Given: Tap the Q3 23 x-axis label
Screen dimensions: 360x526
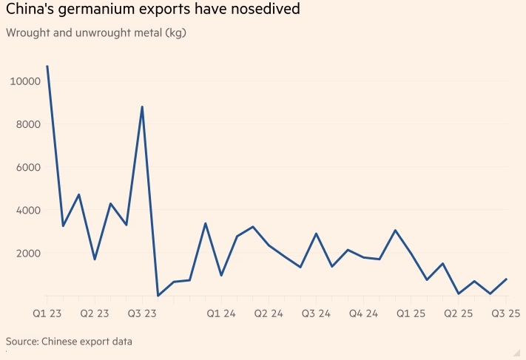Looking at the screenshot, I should pyautogui.click(x=141, y=313).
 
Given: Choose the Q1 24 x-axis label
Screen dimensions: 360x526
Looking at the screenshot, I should pyautogui.click(x=220, y=313).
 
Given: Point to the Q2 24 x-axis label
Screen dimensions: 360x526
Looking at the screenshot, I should pyautogui.click(x=269, y=313).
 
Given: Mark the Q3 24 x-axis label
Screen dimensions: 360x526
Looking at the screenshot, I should pyautogui.click(x=316, y=313).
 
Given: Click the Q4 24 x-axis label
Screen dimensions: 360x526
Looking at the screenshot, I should pyautogui.click(x=363, y=313).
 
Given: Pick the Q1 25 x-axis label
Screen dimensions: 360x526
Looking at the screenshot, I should pyautogui.click(x=411, y=313).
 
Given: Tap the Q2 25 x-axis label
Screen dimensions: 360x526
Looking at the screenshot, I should pyautogui.click(x=459, y=313).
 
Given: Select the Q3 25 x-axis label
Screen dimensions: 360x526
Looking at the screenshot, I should pyautogui.click(x=506, y=313).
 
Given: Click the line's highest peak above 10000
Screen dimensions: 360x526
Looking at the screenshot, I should pyautogui.click(x=47, y=67).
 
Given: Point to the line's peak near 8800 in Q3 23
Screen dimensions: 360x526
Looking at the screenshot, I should pyautogui.click(x=142, y=107).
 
